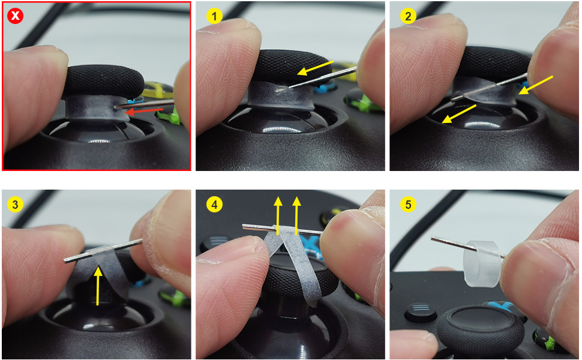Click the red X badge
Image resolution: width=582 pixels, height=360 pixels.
pyautogui.click(x=15, y=15)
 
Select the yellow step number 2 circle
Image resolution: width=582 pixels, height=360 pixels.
pyautogui.click(x=409, y=16)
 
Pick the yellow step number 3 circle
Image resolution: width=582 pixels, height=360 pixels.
pyautogui.click(x=14, y=205)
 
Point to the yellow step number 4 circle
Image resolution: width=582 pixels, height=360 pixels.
pyautogui.click(x=213, y=205)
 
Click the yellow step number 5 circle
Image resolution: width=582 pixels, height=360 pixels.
pyautogui.click(x=409, y=205)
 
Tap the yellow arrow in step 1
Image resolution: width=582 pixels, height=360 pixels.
pyautogui.click(x=314, y=68)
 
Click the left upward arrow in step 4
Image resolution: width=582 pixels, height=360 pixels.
pyautogui.click(x=278, y=213)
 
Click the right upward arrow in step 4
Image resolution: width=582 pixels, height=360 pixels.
pyautogui.click(x=296, y=213)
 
